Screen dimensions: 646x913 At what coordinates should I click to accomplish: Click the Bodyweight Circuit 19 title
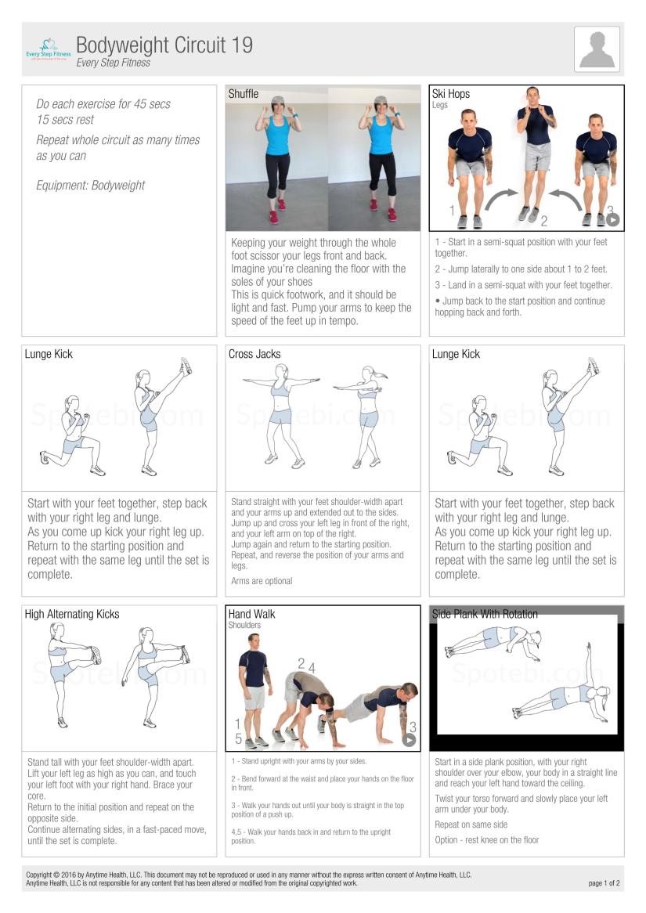[x=164, y=45]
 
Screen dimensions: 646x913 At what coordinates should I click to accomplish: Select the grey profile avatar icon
[x=597, y=49]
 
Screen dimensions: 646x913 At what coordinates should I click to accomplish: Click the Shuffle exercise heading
[x=244, y=94]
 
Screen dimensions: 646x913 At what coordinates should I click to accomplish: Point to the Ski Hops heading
[x=451, y=94]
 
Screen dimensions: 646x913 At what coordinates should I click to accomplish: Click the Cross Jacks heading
[x=254, y=354]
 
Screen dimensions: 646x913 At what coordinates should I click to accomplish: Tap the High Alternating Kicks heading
[x=72, y=615]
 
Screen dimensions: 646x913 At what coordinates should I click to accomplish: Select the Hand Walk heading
[x=251, y=615]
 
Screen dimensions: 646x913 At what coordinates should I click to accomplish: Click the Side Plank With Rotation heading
[x=485, y=615]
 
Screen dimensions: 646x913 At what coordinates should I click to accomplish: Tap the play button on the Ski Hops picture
[x=612, y=220]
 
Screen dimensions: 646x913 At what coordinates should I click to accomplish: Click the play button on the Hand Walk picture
[x=409, y=740]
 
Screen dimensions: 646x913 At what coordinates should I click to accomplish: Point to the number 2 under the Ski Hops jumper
[x=543, y=222]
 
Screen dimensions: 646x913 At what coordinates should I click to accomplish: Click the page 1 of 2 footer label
[x=604, y=883]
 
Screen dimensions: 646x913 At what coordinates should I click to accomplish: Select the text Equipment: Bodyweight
[x=90, y=186]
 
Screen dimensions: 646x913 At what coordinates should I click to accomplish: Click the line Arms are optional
[x=262, y=581]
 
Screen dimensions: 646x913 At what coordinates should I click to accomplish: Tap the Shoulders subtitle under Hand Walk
[x=244, y=626]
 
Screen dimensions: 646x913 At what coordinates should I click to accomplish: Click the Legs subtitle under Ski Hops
[x=440, y=106]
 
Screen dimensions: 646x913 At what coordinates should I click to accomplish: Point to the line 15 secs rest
[x=65, y=120]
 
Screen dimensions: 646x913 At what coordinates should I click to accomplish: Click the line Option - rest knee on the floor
[x=486, y=840]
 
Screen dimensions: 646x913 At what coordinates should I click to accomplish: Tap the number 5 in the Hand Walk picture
[x=238, y=739]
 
